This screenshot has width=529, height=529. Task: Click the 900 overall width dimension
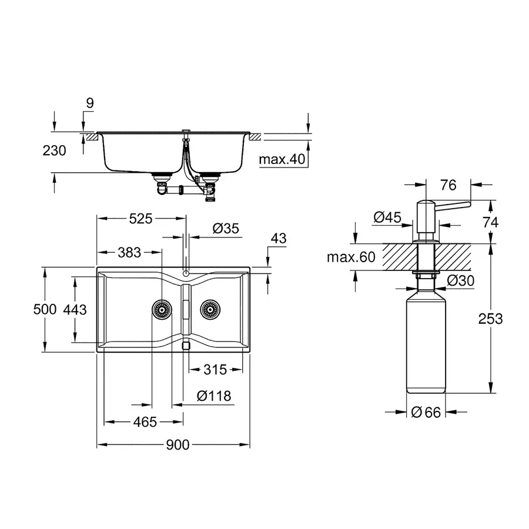point(177,445)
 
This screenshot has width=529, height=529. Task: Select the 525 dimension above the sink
point(140,219)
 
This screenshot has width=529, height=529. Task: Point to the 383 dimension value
point(129,252)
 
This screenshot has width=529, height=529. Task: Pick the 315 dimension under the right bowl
point(215,370)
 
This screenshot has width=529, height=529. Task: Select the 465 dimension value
point(145,421)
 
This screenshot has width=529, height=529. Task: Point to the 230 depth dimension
point(54,150)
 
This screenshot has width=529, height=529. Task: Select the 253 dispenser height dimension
point(490,319)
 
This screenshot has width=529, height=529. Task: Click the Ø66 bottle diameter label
point(426,412)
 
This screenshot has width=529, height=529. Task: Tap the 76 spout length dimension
point(448,186)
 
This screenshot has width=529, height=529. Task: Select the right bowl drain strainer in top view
point(209,309)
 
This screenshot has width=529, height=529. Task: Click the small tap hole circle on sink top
point(185,273)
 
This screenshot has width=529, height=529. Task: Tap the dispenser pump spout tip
point(468,205)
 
